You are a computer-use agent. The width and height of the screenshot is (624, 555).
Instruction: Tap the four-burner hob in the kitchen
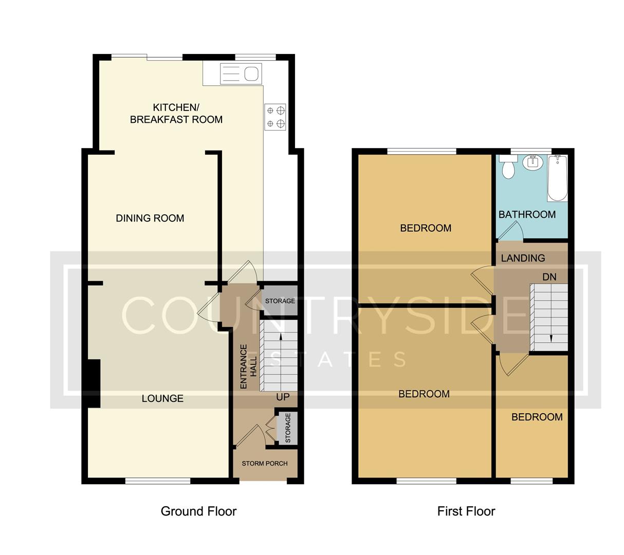coord(276,117)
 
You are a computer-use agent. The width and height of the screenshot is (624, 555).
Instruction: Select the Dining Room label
coord(150,218)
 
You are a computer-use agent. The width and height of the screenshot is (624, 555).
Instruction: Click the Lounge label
coord(162,398)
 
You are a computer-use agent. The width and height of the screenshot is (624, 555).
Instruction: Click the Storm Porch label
coord(265,464)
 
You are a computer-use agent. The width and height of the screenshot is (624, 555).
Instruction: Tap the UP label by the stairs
coord(283,397)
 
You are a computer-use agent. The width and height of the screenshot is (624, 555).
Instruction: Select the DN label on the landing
coord(549,277)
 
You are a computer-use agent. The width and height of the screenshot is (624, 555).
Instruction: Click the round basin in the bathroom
coord(532,162)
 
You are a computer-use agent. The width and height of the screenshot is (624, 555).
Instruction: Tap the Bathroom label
coord(527,214)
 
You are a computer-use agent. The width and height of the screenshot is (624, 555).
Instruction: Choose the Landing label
coord(523,258)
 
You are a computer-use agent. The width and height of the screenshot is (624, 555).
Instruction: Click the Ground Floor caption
coord(198,511)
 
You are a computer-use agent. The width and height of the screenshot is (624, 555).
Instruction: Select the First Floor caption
coord(466,511)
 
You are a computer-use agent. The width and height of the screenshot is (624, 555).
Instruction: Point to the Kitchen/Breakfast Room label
coord(176,114)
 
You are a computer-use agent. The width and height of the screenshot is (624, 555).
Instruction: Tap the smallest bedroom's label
coord(537,417)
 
